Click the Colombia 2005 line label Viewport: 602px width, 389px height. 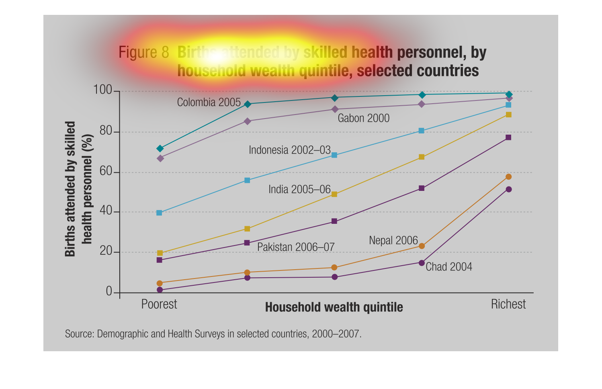[x=209, y=102]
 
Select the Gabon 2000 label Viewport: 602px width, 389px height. [x=363, y=118]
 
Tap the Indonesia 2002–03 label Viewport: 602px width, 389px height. [x=289, y=150]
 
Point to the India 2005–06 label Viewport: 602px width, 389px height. [x=299, y=189]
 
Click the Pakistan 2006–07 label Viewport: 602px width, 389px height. [x=296, y=247]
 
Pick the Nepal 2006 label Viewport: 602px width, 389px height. [x=393, y=240]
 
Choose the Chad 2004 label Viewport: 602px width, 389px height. [x=448, y=267]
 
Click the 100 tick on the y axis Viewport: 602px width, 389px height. [x=103, y=90]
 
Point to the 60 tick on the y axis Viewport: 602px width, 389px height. [x=106, y=171]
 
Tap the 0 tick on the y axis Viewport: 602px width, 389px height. [x=109, y=291]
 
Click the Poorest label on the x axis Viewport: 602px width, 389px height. [x=159, y=304]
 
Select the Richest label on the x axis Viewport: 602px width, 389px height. [x=508, y=304]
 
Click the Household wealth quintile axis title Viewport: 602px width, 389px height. [x=334, y=307]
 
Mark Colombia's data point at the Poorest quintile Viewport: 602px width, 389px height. [x=160, y=149]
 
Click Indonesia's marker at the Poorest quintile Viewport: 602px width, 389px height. [x=159, y=213]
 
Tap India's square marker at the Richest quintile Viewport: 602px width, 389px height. [x=508, y=115]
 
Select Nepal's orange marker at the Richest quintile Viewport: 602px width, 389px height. [x=508, y=177]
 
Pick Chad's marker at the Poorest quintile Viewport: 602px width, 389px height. [x=160, y=290]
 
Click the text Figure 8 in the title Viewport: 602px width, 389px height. [x=144, y=53]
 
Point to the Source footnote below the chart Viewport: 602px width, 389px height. [x=213, y=334]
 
